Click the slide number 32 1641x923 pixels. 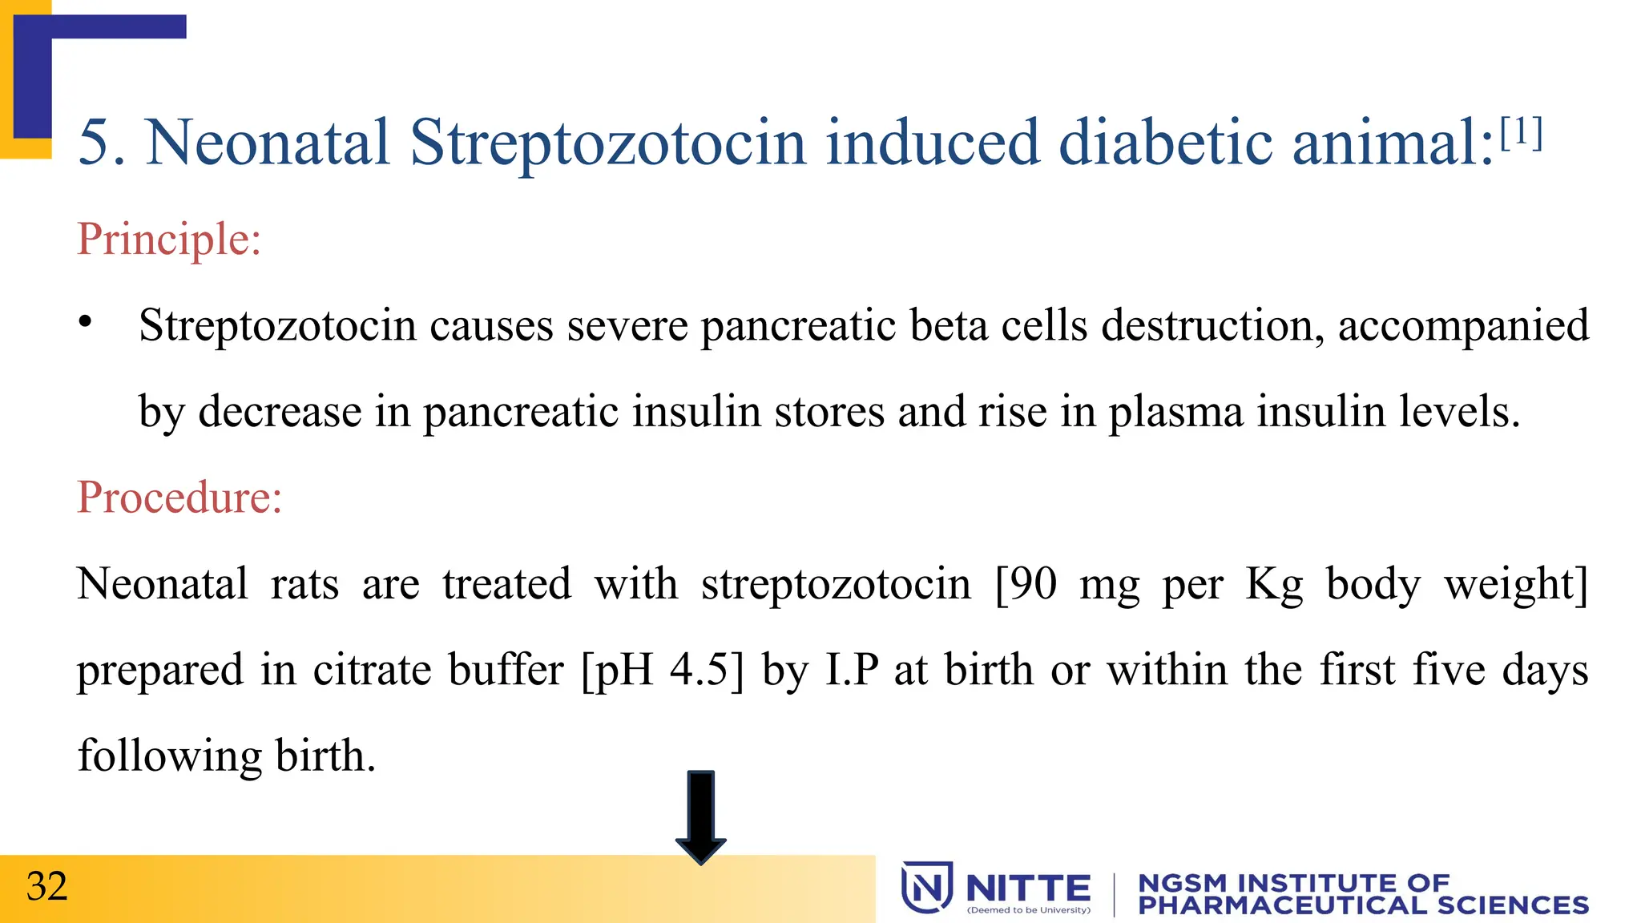(x=46, y=886)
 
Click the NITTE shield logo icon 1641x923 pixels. (x=926, y=887)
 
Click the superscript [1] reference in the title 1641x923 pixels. (x=1521, y=134)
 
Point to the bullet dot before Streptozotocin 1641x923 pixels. (x=86, y=323)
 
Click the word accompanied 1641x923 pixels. (x=1463, y=325)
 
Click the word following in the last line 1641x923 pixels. (x=169, y=756)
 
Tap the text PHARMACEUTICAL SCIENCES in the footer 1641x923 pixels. (x=1363, y=905)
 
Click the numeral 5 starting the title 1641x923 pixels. (x=95, y=143)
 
